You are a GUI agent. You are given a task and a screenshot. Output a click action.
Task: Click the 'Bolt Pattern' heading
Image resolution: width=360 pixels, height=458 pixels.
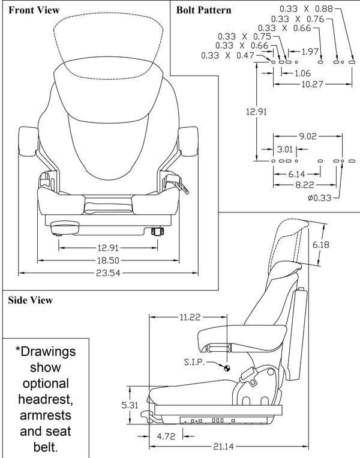pos(203,10)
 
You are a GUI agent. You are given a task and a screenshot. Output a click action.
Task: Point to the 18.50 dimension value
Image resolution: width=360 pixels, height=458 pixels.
pos(109,261)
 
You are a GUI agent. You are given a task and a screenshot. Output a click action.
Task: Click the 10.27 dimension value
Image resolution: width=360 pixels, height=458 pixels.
pos(308,85)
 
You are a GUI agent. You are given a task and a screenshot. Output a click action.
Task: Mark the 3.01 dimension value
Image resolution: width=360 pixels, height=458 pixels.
pos(284,149)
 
